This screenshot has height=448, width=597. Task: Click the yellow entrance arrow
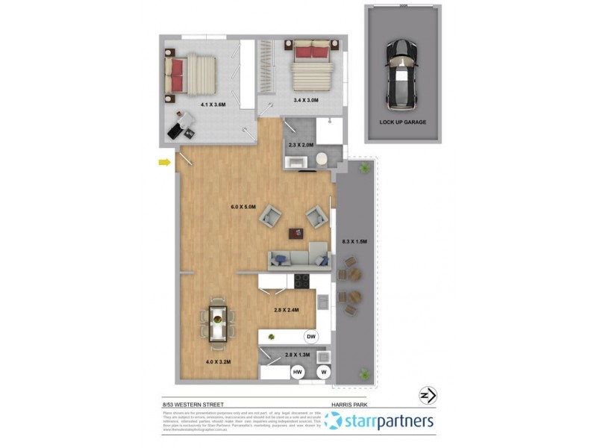(x=163, y=161)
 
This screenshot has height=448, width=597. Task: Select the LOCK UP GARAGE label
(x=403, y=122)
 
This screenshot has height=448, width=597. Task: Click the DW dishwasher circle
(x=311, y=337)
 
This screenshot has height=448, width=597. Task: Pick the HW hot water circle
(x=298, y=371)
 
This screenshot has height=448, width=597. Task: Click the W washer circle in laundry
(x=324, y=371)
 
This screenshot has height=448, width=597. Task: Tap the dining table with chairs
(x=217, y=323)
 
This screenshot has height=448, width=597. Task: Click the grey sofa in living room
(x=298, y=259)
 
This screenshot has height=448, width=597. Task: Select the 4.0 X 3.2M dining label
(x=217, y=362)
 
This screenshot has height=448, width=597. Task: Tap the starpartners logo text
(x=388, y=423)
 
